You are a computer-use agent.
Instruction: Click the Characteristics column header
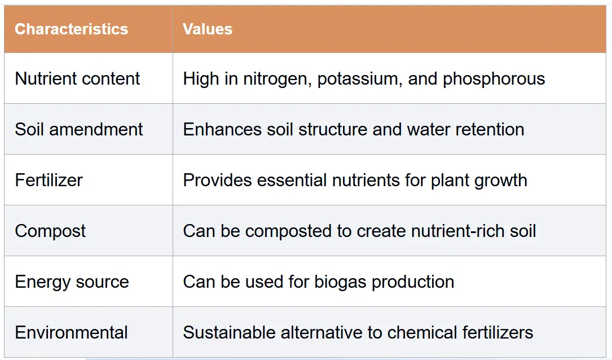pyautogui.click(x=72, y=29)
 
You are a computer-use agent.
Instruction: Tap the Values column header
pyautogui.click(x=208, y=29)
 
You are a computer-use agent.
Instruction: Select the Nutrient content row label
pyautogui.click(x=77, y=78)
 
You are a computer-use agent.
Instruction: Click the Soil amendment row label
pyautogui.click(x=79, y=129)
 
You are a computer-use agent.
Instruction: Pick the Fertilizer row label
pyautogui.click(x=49, y=180)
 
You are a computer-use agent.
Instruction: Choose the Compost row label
pyautogui.click(x=50, y=231)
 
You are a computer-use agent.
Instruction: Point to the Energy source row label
pyautogui.click(x=72, y=282)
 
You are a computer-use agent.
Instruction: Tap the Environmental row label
pyautogui.click(x=72, y=332)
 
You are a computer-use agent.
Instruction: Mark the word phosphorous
pyautogui.click(x=494, y=79)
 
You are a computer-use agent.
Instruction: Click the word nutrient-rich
pyautogui.click(x=458, y=231)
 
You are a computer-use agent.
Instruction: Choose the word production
pyautogui.click(x=413, y=282)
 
